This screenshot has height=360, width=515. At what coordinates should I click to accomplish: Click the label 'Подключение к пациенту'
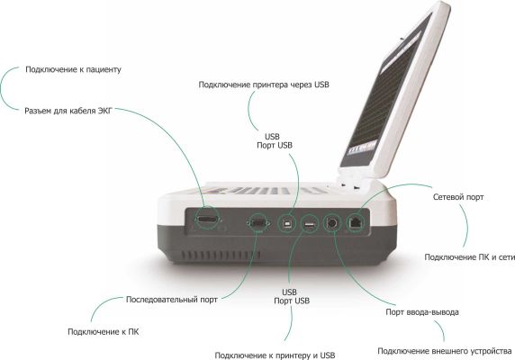pyautogui.click(x=73, y=69)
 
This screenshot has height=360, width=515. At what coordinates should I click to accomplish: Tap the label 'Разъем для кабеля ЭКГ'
pyautogui.click(x=68, y=111)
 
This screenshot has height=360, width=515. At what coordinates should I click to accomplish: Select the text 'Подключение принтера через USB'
pyautogui.click(x=264, y=85)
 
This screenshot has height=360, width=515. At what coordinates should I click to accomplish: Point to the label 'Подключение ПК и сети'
pyautogui.click(x=470, y=257)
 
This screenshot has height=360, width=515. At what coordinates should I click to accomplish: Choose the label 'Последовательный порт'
pyautogui.click(x=172, y=300)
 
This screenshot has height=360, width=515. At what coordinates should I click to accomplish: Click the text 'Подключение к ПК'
pyautogui.click(x=104, y=332)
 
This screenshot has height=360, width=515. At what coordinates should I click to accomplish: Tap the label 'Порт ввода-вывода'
pyautogui.click(x=422, y=312)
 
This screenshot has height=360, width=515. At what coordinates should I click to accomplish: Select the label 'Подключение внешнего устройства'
pyautogui.click(x=445, y=352)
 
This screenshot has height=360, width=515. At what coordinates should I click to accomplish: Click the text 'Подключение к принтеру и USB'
pyautogui.click(x=275, y=355)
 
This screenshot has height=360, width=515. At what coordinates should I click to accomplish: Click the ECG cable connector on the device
pyautogui.click(x=207, y=220)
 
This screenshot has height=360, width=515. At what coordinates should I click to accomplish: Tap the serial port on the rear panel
pyautogui.click(x=258, y=223)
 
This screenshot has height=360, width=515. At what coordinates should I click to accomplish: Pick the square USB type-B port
pyautogui.click(x=286, y=224)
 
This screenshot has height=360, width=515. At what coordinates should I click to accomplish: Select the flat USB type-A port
pyautogui.click(x=310, y=225)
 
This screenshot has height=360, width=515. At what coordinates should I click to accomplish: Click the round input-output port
pyautogui.click(x=332, y=223)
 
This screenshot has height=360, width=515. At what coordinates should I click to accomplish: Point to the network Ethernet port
pyautogui.click(x=356, y=222)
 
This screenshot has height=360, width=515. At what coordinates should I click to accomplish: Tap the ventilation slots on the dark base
pyautogui.click(x=221, y=255)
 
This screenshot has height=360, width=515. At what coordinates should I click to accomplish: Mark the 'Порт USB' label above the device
pyautogui.click(x=275, y=146)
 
